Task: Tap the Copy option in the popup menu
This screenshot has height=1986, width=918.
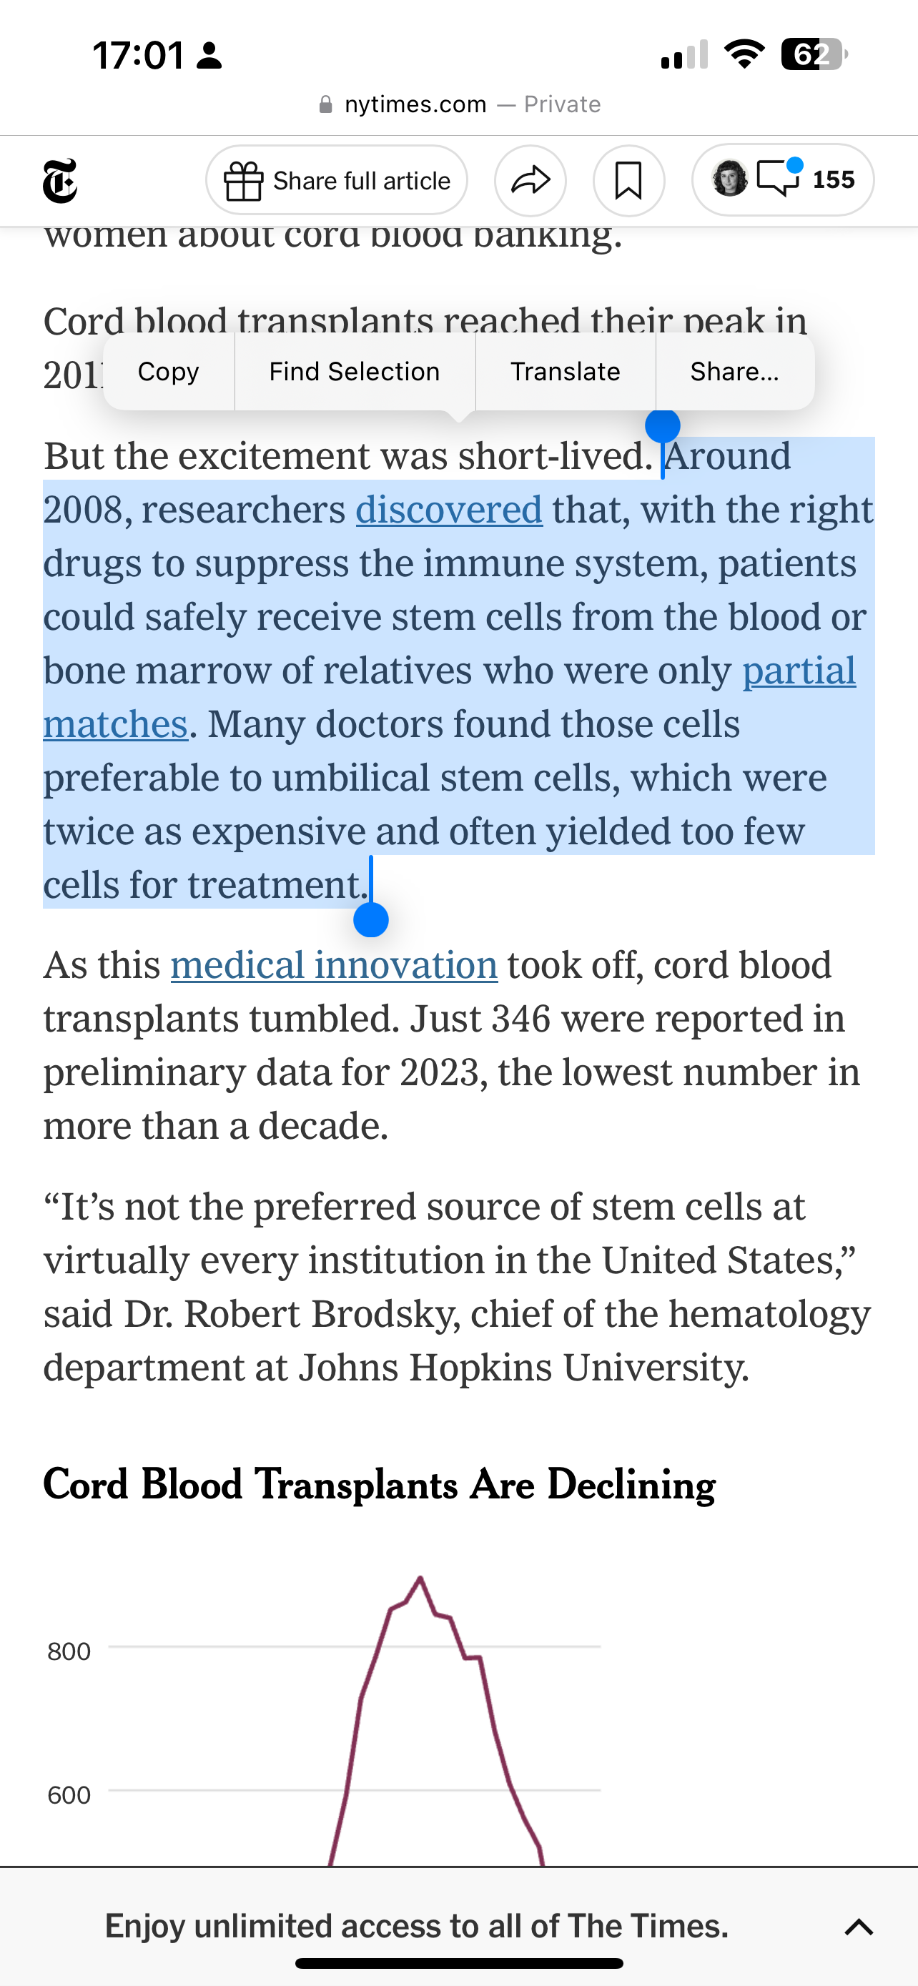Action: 168,372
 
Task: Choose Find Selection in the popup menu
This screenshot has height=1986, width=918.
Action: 354,372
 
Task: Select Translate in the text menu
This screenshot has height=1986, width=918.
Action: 565,372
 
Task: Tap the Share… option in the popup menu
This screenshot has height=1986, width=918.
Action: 734,372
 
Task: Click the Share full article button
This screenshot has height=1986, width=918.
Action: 337,180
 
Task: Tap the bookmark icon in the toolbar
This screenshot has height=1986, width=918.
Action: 628,180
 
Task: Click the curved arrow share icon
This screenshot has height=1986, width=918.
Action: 530,180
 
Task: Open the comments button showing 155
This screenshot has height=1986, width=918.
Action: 783,179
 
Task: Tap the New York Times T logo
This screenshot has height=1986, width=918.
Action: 60,181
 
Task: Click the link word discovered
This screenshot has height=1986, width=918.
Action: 448,510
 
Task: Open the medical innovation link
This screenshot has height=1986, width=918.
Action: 334,965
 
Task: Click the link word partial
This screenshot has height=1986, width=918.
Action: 799,671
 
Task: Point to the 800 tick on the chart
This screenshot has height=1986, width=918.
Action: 69,1651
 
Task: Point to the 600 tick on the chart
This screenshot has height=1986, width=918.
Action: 69,1796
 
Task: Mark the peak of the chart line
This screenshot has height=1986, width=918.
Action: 420,1579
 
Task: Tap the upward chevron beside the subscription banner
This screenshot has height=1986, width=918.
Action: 859,1927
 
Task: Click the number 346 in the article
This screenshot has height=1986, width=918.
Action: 521,1019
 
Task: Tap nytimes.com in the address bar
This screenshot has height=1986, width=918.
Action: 415,104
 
